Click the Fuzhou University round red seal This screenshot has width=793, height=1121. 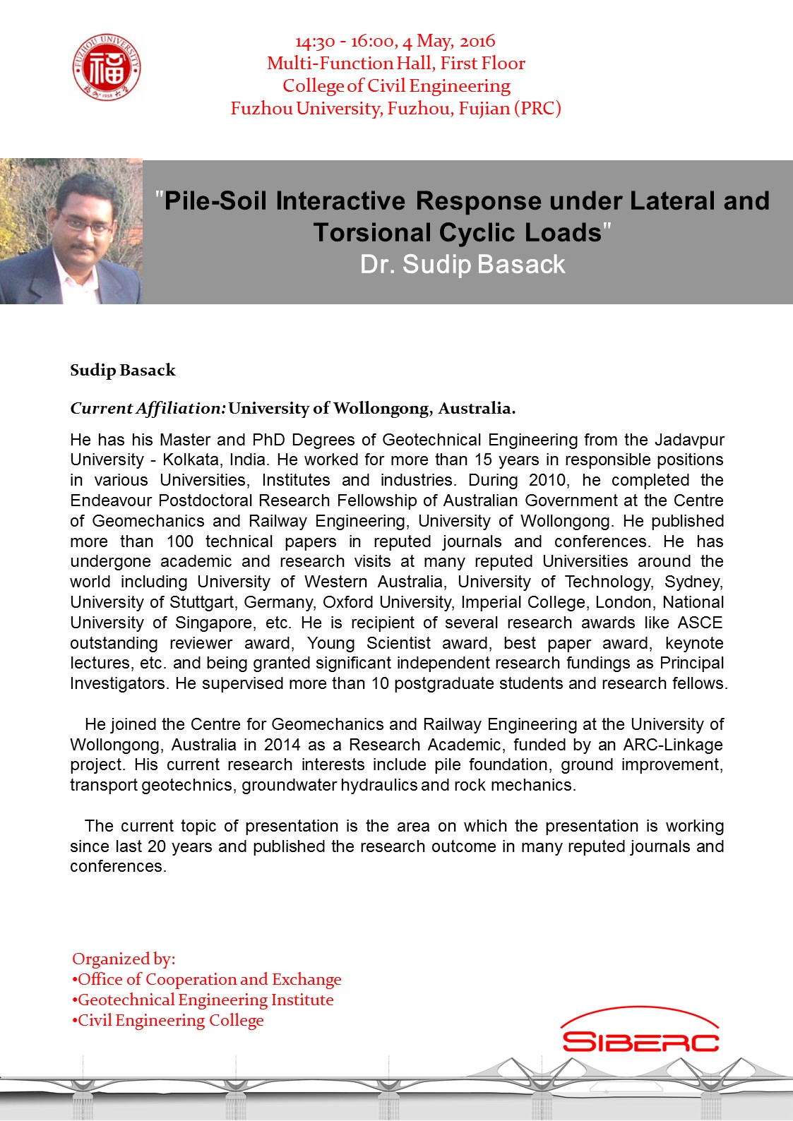click(x=107, y=68)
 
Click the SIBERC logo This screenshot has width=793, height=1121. click(x=640, y=1033)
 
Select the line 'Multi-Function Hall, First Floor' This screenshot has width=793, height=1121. click(x=395, y=64)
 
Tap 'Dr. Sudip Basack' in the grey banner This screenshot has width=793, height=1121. click(x=463, y=264)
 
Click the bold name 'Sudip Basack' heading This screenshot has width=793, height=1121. click(x=123, y=371)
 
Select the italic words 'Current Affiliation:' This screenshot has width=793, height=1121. click(x=148, y=408)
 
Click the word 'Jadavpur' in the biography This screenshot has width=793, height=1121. click(x=689, y=440)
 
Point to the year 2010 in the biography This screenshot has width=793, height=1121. click(x=547, y=480)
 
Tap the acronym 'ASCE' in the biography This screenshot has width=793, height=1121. click(x=700, y=623)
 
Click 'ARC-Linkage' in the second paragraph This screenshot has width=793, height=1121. click(x=673, y=745)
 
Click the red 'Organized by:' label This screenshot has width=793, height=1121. click(x=124, y=959)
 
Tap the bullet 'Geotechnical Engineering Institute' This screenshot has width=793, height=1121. click(x=205, y=1000)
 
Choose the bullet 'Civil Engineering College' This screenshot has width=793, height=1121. click(x=170, y=1020)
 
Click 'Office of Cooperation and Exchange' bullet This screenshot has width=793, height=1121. click(x=209, y=979)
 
